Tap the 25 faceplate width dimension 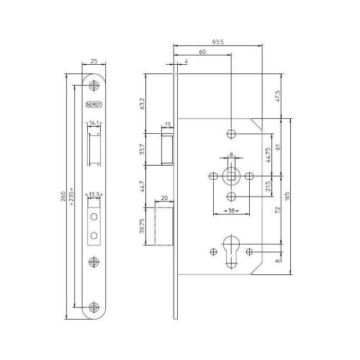coord(94,63)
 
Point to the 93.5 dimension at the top coord(218,42)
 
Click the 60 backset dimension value coord(202,53)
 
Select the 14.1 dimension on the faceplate coord(94,123)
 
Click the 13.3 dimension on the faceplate coord(94,194)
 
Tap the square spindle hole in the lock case coord(230,176)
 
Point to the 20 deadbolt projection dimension coord(165,197)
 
